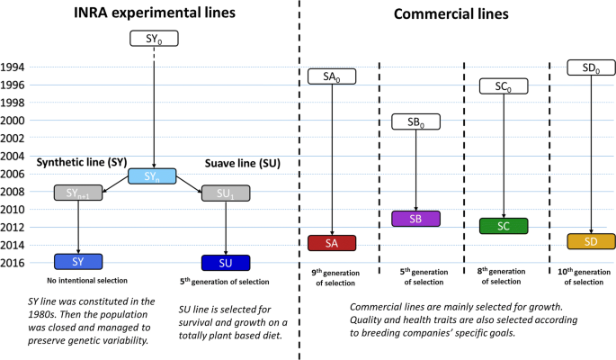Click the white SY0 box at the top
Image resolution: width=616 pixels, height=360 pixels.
154,39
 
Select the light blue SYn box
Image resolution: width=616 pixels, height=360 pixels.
152,176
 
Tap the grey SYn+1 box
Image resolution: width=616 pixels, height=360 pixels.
78,193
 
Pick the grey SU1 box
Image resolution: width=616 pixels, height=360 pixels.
226,193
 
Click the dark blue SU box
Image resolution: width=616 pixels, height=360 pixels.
226,263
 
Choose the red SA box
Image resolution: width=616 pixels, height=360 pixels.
332,243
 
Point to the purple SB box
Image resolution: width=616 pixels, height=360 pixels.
416,219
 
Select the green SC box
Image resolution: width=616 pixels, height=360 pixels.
504,226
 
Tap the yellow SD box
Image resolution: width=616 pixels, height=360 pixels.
591,241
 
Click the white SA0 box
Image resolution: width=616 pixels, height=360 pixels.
332,76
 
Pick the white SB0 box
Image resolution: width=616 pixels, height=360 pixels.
416,121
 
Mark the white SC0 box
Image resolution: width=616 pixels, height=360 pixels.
504,86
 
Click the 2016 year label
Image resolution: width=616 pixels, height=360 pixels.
13,263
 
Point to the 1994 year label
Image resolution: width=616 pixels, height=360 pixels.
13,67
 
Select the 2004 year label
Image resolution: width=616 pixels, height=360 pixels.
13,157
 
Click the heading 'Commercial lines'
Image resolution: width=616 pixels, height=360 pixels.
451,14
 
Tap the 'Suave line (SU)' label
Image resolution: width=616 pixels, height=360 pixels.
243,163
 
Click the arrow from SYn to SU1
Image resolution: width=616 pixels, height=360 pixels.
189,184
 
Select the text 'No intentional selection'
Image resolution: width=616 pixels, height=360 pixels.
87,281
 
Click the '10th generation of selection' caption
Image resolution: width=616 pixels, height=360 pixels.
585,276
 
